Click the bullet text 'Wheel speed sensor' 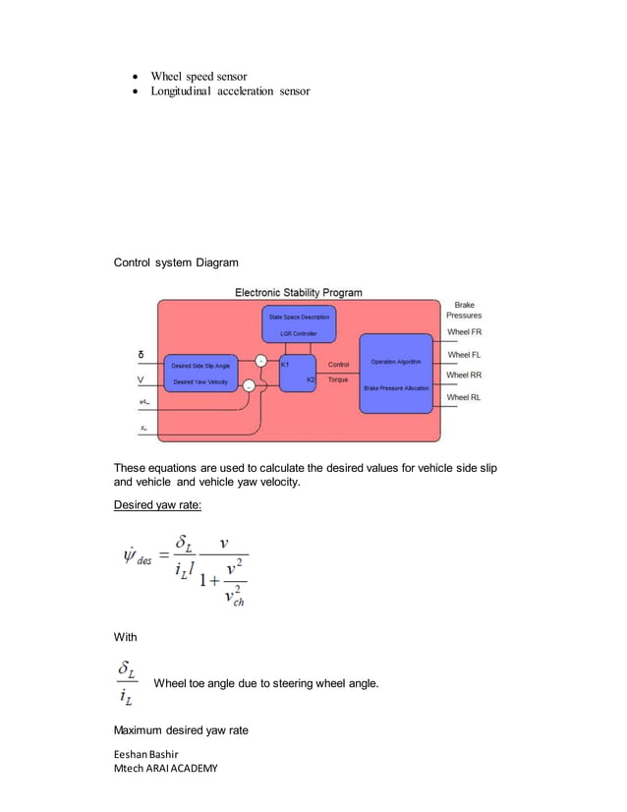click(198, 77)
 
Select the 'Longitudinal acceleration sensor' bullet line click(229, 91)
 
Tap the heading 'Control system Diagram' click(175, 263)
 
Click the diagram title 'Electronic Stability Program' click(298, 292)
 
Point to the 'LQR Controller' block click(299, 333)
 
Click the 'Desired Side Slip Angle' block click(201, 365)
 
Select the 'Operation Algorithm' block click(395, 362)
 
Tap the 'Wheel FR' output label click(464, 332)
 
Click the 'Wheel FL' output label click(464, 354)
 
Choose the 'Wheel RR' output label click(464, 375)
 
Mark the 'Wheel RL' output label click(464, 397)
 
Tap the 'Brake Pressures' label click(464, 311)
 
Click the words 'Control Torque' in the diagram click(337, 372)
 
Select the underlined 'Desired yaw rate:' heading click(158, 505)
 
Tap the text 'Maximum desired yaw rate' click(181, 731)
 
